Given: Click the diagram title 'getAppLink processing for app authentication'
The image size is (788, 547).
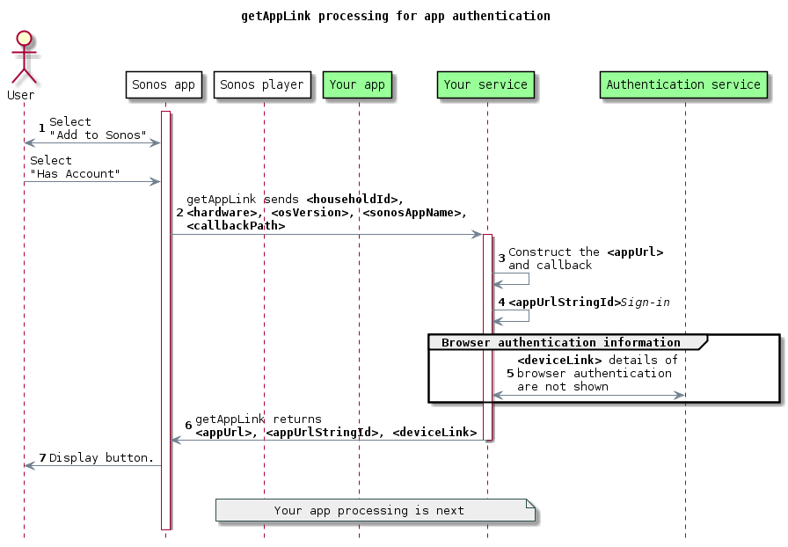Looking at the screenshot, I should click(395, 16).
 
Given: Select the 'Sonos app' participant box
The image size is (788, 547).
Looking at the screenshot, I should click(164, 85).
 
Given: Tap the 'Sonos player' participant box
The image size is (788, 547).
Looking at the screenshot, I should click(262, 85).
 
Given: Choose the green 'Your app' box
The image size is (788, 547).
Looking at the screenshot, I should click(357, 85).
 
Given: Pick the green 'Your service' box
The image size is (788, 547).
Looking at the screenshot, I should click(485, 85).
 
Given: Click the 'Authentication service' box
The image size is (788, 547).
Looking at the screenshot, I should click(683, 85).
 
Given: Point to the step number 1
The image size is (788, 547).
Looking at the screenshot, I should click(41, 128).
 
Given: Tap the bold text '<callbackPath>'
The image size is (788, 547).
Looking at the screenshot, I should click(236, 226).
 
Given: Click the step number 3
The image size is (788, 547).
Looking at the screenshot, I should click(501, 259).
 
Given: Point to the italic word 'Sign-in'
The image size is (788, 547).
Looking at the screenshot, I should click(646, 303).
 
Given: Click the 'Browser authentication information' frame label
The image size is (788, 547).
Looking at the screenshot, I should click(560, 342).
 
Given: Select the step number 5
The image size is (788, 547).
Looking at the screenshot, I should click(509, 374).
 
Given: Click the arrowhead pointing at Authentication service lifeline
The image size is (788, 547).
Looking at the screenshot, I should click(679, 396).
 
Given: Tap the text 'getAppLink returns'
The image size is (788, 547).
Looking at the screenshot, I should click(259, 419).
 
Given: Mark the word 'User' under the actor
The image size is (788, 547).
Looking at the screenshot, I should click(20, 95).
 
